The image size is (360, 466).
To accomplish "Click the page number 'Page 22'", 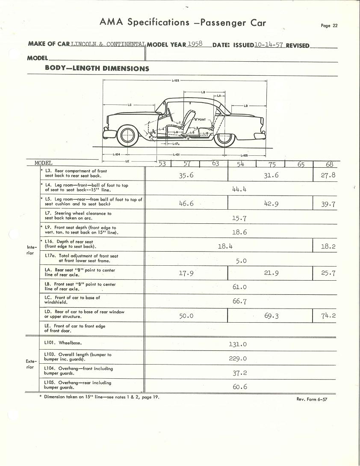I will coord(329,26).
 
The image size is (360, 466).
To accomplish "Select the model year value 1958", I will coord(195,44).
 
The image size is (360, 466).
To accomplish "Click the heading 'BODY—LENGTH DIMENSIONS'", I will coord(97,68).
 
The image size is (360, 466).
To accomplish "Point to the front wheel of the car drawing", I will coord(128,136).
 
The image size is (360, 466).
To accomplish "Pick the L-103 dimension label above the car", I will coord(175,80).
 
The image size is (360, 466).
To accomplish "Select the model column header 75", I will coord(272,163).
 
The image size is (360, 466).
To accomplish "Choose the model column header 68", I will coord(329,163).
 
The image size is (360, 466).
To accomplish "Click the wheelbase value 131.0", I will coord(238,344).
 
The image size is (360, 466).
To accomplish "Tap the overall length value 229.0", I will coord(238,359).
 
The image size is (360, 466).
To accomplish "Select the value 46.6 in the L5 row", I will coord(186,204).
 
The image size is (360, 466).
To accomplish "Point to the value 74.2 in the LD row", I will coord(328,316).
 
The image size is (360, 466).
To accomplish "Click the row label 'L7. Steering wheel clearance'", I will coord(78,216).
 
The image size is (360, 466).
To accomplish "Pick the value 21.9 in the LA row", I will coord(271,273).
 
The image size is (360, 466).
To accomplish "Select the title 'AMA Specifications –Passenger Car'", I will coord(183,22).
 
